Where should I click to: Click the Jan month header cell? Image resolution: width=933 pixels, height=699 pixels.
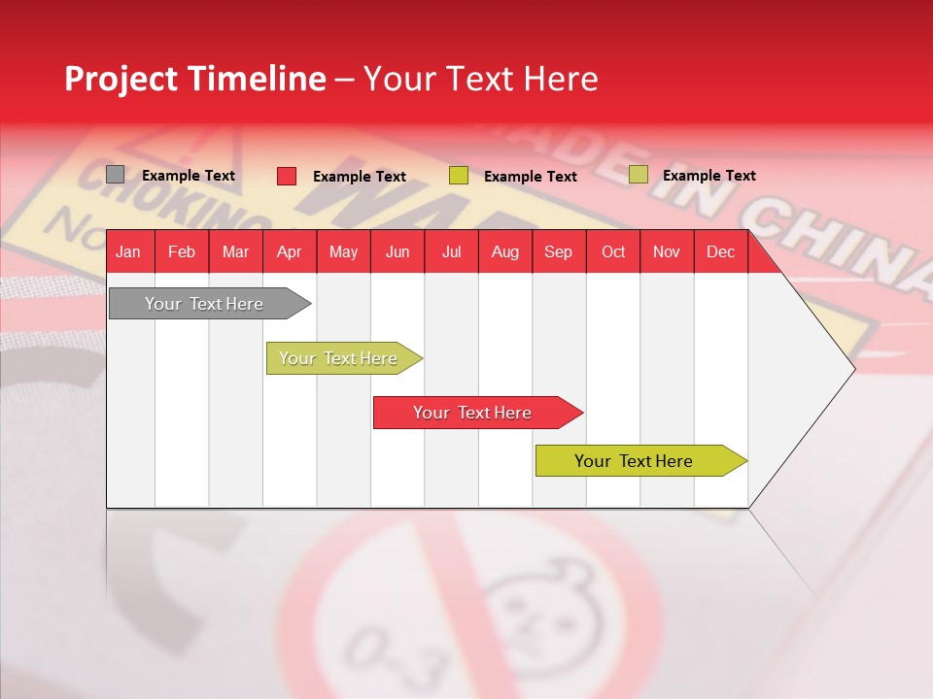click(x=128, y=251)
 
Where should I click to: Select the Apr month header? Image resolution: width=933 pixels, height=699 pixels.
click(x=289, y=251)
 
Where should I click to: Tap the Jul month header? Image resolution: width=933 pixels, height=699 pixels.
click(x=451, y=251)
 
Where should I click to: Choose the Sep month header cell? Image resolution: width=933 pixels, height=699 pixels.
click(x=558, y=251)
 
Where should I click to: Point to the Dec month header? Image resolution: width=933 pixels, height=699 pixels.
click(x=720, y=251)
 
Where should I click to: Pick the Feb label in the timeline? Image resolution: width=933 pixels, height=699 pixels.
click(x=182, y=251)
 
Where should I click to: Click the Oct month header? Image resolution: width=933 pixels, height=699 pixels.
click(x=613, y=251)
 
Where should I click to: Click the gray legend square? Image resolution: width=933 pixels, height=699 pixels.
click(x=116, y=175)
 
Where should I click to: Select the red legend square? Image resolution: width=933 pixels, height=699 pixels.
click(x=287, y=176)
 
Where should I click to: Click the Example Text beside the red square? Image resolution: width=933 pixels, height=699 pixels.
click(x=359, y=177)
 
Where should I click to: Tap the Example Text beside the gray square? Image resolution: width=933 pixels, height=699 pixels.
click(x=189, y=176)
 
